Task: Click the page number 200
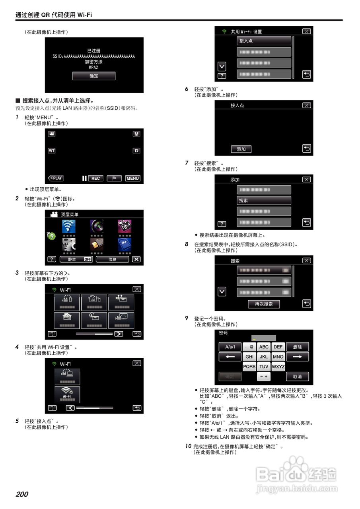tap(22, 494)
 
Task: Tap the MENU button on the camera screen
tap(133, 178)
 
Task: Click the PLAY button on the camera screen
tap(56, 178)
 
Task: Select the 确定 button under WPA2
tap(94, 76)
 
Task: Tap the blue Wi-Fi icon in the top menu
tap(69, 226)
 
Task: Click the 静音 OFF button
tap(76, 259)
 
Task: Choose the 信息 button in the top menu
tap(113, 259)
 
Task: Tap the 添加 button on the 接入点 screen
tap(241, 149)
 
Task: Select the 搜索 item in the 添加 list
tap(264, 200)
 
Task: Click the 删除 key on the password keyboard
tap(297, 347)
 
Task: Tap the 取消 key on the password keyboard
tap(297, 377)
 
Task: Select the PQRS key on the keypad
tap(249, 367)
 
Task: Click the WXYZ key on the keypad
tap(278, 367)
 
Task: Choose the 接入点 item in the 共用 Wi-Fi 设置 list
tap(264, 41)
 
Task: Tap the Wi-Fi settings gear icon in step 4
tap(67, 394)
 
